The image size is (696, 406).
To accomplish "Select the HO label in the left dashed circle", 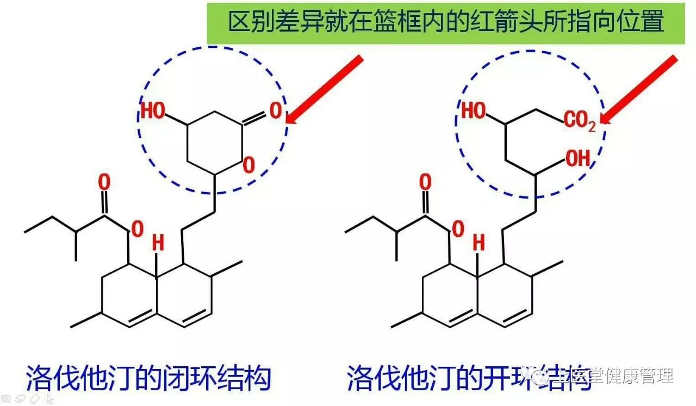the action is pos(153,111).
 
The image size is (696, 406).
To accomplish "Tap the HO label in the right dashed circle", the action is pos(474,111).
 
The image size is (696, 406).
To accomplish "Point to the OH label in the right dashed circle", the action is pos(577,159).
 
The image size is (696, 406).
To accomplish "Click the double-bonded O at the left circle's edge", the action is pos(276,111).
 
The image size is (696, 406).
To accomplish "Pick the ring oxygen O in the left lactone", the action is pos(248,164).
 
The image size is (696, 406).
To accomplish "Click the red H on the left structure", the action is pos(158,244).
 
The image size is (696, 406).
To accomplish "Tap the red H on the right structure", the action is pos(478,244).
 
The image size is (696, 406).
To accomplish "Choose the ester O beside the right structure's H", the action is pos(458,229).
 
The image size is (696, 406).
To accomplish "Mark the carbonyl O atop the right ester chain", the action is pos(425,183).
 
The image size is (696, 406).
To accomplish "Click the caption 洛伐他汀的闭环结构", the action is pos(148,377).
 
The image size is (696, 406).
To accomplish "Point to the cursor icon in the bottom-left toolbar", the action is pos(50,399).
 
